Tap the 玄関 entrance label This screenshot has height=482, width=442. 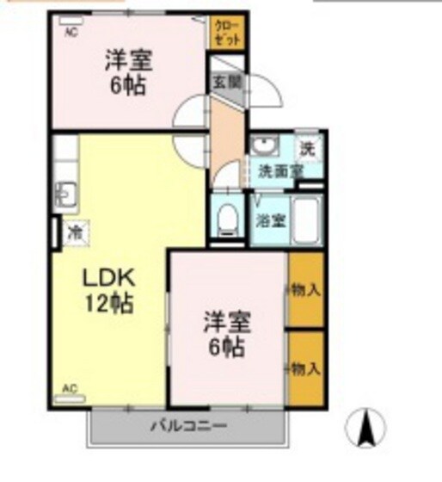(228, 84)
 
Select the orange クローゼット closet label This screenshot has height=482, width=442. (228, 31)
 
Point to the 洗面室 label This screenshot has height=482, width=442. (280, 170)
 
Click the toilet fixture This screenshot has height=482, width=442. (228, 220)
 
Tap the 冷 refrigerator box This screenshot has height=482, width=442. (76, 232)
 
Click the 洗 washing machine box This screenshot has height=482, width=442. (307, 147)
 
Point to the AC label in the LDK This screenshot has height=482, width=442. (70, 389)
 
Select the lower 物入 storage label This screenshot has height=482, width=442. (306, 368)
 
